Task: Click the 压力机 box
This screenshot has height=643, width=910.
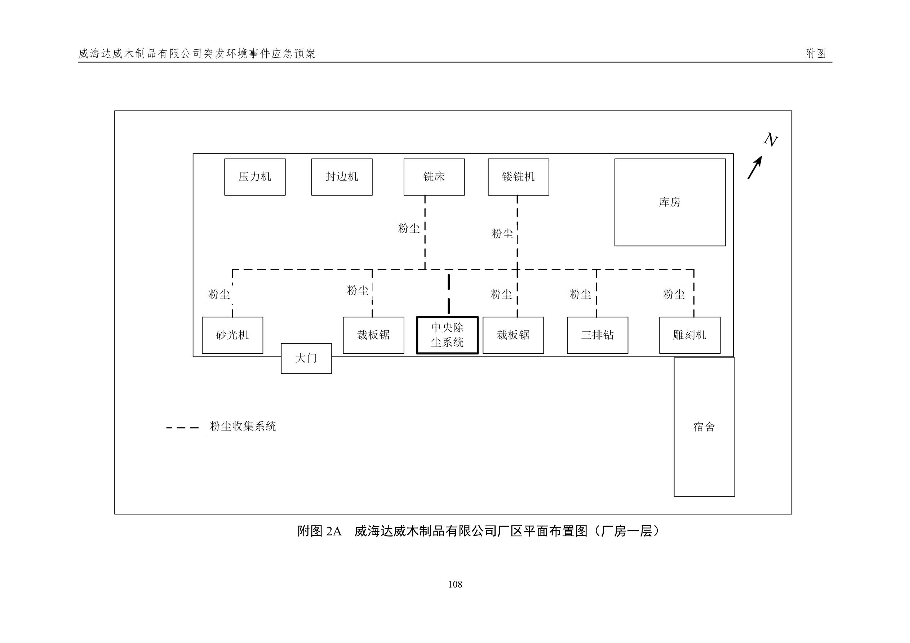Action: click(255, 177)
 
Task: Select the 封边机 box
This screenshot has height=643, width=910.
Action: click(342, 177)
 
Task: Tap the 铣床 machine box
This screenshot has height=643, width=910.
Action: click(434, 177)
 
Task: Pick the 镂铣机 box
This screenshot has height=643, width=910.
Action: click(518, 177)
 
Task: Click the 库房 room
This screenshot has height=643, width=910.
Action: click(670, 202)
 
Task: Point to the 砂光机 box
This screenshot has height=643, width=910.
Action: click(232, 335)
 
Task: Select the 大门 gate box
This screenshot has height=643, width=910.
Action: click(306, 358)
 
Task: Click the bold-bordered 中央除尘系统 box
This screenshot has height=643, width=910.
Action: click(447, 335)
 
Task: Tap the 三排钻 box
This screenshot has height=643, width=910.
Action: click(597, 335)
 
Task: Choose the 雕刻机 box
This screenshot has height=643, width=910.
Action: click(690, 335)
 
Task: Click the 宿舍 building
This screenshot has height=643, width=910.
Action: click(704, 427)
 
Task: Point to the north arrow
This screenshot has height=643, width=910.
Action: click(755, 168)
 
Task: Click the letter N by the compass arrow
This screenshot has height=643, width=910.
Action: click(771, 140)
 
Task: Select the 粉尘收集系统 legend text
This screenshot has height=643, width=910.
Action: click(243, 426)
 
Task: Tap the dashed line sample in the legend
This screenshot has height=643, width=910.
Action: click(182, 428)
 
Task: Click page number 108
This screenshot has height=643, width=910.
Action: click(455, 584)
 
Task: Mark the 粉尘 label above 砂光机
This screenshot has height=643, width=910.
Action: click(219, 294)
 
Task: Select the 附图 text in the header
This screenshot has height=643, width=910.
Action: click(815, 54)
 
